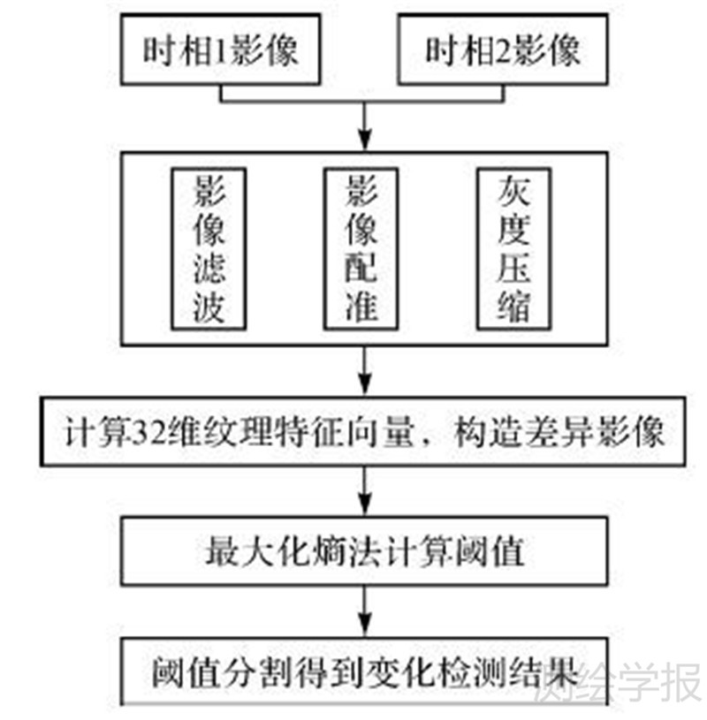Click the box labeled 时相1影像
tap(220, 50)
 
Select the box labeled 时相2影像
tap(503, 50)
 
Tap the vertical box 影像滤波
tap(209, 248)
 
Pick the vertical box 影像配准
tap(363, 248)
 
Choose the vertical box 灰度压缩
tap(513, 248)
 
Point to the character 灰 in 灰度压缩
tap(513, 190)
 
